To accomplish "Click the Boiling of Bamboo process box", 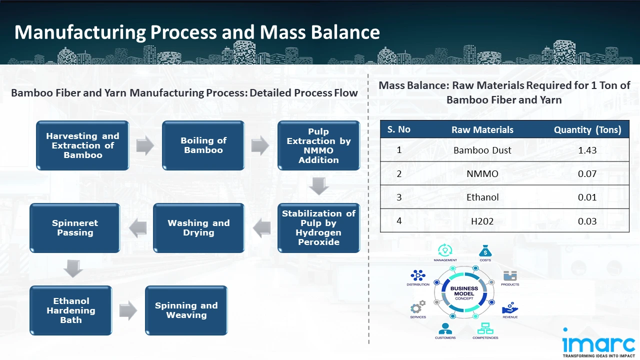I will coord(203,145).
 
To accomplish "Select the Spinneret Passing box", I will coord(75,228).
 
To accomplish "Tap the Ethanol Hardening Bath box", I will coord(71,310).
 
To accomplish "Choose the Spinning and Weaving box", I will coord(186,310).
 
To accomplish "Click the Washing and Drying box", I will coord(198,228).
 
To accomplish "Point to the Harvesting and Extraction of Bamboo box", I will coord(82,145).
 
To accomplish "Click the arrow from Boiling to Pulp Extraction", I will coord(260,145).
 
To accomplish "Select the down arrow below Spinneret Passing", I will coord(73,269).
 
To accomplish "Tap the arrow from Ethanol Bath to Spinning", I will coord(128,310).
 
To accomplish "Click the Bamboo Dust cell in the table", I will coord(482,150).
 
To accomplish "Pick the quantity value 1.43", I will coord(587,150).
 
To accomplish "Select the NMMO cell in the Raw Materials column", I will coord(482,173).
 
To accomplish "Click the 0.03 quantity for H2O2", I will coord(587,220).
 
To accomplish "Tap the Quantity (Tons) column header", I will coord(587,130).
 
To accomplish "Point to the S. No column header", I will coord(398,129).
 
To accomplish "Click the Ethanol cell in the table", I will coord(482,197).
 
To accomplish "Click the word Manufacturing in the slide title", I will coord(80,32).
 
